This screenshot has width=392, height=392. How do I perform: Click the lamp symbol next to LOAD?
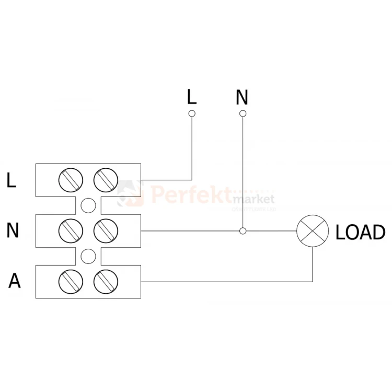coord(312,230)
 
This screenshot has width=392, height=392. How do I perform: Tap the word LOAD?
coord(360,232)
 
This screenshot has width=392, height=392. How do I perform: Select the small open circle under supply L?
coord(192,113)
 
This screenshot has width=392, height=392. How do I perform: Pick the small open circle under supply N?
coord(242,113)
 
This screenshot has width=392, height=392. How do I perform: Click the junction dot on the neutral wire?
coord(242,230)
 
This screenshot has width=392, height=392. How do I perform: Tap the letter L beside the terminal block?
coord(12,180)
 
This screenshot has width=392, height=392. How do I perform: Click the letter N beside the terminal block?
coord(13,230)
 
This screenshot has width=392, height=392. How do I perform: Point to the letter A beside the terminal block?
coord(15,281)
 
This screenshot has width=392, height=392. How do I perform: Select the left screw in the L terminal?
coord(71,180)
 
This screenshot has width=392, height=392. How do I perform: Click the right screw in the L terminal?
coord(105,180)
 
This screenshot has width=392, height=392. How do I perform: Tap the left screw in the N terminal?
coord(71,230)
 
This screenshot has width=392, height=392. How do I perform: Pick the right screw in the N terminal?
coord(105,230)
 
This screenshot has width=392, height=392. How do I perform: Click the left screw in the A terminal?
coord(71,281)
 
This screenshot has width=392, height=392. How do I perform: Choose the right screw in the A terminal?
coord(105,281)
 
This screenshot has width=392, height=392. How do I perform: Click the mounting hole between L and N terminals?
coord(88,205)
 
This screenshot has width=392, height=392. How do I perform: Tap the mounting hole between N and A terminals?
coord(88,256)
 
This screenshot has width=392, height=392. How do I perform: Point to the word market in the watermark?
coord(253,200)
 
